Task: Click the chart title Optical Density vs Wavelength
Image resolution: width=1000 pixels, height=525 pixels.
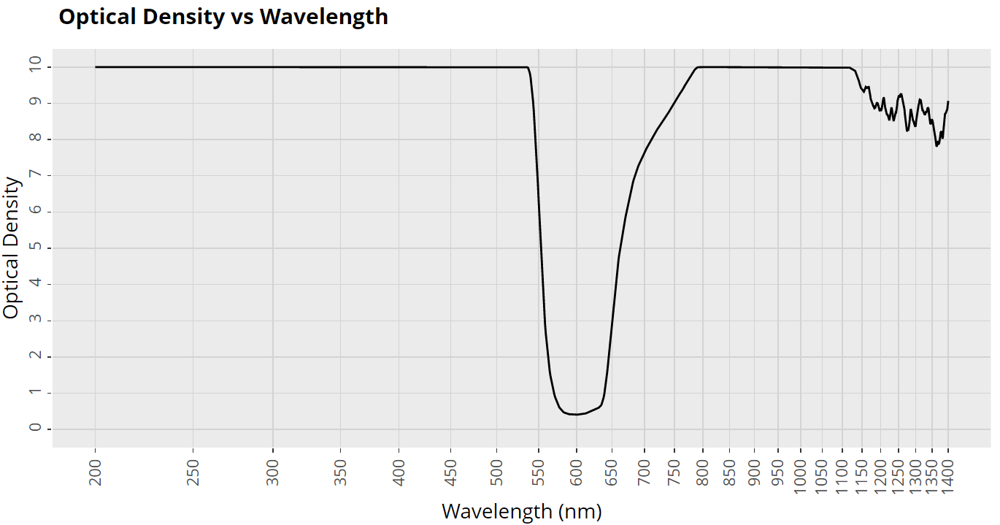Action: tap(223, 17)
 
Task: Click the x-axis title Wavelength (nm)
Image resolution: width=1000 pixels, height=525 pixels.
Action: tap(521, 511)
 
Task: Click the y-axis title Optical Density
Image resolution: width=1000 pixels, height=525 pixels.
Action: tap(11, 248)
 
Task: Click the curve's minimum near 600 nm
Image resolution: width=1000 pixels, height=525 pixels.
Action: tap(577, 415)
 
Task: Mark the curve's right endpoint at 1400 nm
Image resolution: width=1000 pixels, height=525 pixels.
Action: tap(948, 102)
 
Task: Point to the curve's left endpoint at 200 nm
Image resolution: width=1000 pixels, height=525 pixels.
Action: tap(96, 67)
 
